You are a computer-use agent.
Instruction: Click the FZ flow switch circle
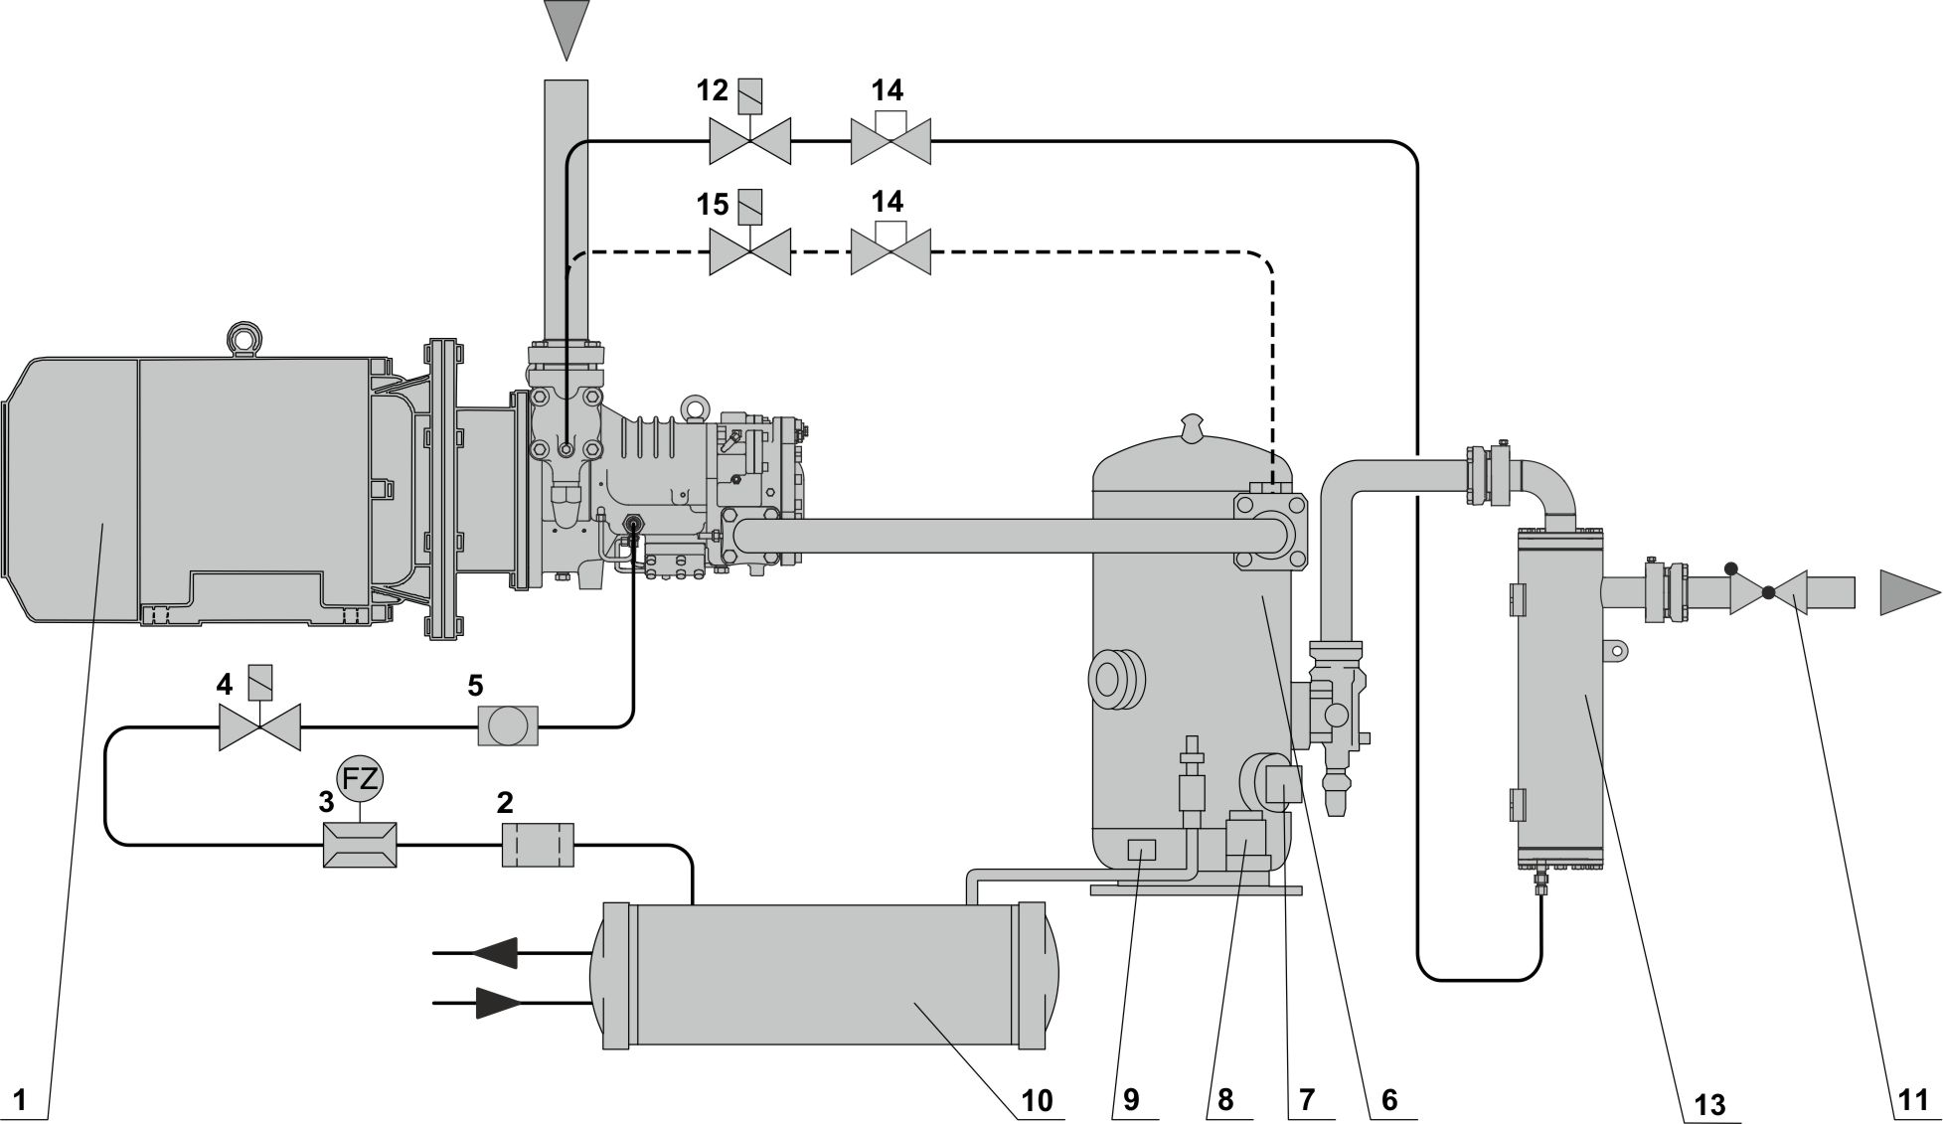click(x=360, y=780)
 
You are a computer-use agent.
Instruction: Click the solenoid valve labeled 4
click(x=259, y=727)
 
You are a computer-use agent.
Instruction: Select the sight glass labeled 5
click(x=508, y=725)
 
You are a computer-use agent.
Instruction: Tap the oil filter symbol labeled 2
click(x=537, y=845)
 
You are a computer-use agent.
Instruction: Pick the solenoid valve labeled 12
click(x=749, y=140)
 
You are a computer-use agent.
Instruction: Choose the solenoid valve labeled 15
click(x=749, y=251)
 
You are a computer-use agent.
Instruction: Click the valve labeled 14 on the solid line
click(x=891, y=140)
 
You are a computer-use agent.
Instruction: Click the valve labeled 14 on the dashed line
click(x=891, y=251)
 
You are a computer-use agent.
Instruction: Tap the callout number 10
click(x=1036, y=1099)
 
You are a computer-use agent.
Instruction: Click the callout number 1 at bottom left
click(x=23, y=1099)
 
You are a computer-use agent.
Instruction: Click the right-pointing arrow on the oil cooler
click(x=498, y=1004)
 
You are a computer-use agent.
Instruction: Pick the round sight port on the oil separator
click(x=1117, y=681)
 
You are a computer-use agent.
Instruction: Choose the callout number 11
click(x=1909, y=1099)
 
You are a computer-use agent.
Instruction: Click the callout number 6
click(x=1388, y=1099)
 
